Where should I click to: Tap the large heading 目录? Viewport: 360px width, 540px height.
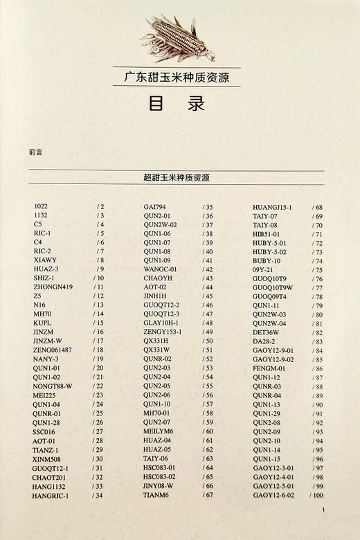tap(179, 105)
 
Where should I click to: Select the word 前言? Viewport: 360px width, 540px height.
tap(36, 152)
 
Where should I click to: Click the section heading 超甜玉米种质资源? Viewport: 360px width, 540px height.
tap(179, 178)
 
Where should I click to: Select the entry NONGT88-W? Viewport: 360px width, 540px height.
tap(53, 386)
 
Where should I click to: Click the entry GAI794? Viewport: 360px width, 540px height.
tap(154, 206)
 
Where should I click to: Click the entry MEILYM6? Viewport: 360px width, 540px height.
tap(159, 431)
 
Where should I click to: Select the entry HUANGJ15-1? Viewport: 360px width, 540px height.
tap(272, 207)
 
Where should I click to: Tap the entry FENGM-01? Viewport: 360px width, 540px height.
tap(269, 368)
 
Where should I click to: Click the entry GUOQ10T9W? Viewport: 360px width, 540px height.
tap(273, 287)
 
